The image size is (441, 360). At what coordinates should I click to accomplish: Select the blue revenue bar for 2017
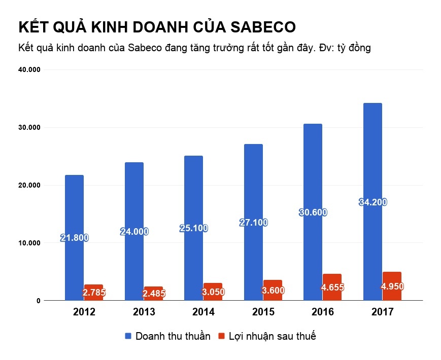(372, 152)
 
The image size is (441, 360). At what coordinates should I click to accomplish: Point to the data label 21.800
(74, 238)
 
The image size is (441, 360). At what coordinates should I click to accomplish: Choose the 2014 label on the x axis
(203, 312)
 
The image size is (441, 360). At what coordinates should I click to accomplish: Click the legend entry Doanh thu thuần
(173, 337)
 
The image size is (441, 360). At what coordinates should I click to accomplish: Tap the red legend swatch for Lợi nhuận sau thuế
(221, 337)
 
